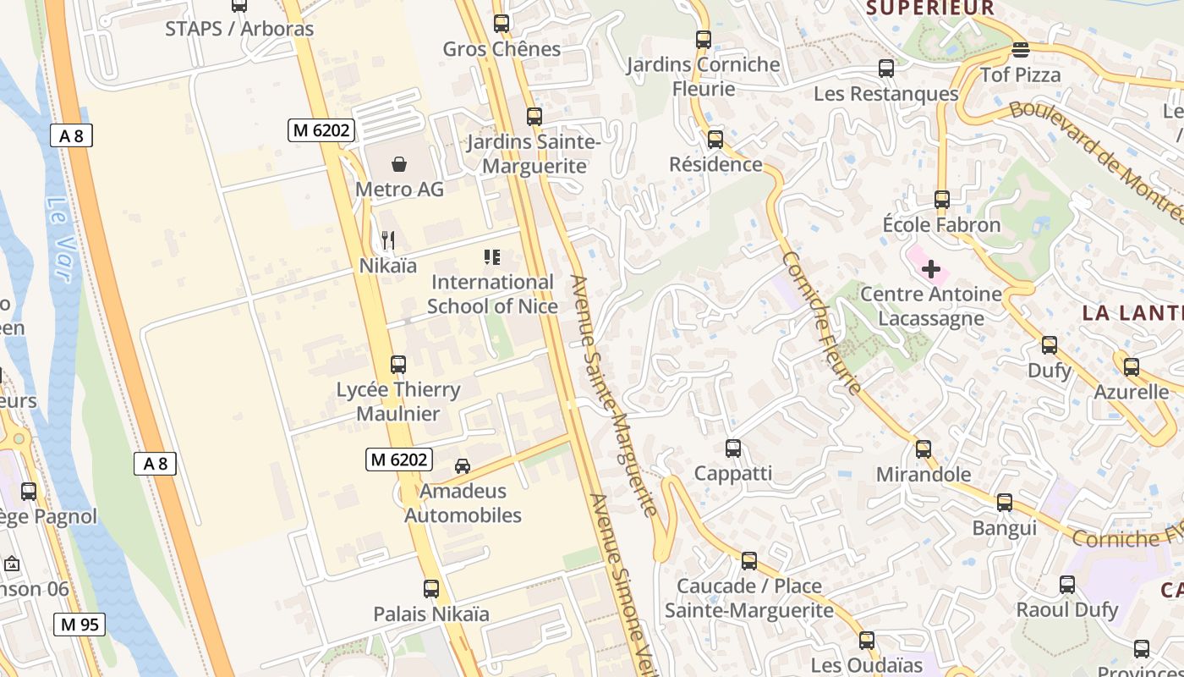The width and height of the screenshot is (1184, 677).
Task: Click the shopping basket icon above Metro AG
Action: (399, 163)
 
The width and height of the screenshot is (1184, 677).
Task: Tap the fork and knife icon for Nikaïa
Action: (388, 240)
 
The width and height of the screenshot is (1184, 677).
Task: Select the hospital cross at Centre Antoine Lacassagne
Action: (931, 269)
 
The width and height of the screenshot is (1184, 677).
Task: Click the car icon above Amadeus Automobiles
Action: (463, 465)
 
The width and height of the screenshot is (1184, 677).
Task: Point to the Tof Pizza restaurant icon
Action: (1021, 50)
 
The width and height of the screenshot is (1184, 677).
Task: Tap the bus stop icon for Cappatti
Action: (733, 448)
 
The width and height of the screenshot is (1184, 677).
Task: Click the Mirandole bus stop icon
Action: (924, 449)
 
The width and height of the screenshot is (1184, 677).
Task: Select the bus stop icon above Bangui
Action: (1005, 502)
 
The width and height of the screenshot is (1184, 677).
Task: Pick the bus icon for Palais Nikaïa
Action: (431, 588)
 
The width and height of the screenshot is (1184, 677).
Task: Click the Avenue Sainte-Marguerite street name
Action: (614, 395)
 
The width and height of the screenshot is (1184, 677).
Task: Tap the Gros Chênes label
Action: (502, 49)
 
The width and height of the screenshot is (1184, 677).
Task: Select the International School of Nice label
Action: (492, 294)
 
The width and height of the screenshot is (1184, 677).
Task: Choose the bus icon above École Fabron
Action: (942, 200)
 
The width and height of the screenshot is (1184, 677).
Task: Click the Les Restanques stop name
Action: (885, 94)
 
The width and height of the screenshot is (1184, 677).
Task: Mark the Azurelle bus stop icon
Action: (1132, 367)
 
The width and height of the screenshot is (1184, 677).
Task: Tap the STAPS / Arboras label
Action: (239, 29)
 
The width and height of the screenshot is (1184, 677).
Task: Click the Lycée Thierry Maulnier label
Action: (398, 401)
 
